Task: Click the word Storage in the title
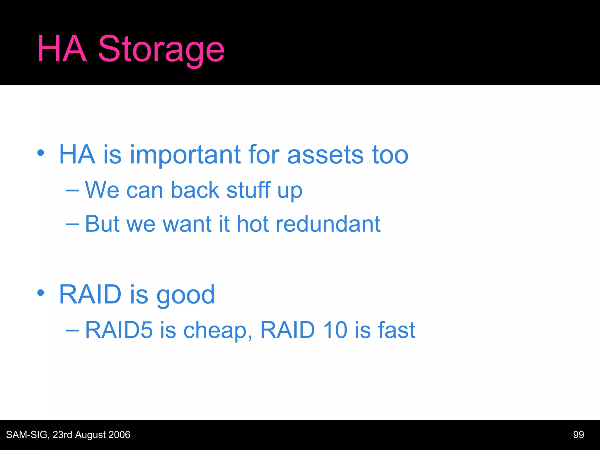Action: click(x=161, y=50)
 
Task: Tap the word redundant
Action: click(x=328, y=224)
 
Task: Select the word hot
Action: click(x=253, y=224)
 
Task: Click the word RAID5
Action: click(x=119, y=330)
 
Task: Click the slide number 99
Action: click(x=578, y=435)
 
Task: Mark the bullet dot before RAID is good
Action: click(x=41, y=292)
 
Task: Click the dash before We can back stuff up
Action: click(x=72, y=190)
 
